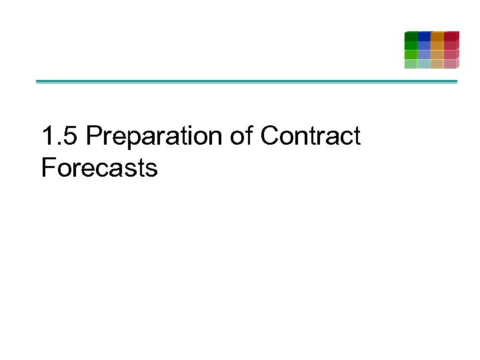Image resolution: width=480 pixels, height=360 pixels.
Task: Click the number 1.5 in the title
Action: (x=60, y=136)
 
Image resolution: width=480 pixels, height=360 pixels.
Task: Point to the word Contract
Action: (x=310, y=136)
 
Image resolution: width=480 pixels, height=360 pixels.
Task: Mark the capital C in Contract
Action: (x=269, y=136)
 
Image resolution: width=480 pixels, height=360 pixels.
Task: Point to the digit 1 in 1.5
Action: (x=47, y=136)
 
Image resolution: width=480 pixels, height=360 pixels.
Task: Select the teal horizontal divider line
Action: (x=247, y=82)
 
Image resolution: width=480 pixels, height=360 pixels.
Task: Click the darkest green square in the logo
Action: (x=411, y=36)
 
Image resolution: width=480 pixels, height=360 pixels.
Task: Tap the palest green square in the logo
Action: (x=411, y=64)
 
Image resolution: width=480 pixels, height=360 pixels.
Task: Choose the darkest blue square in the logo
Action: (x=424, y=36)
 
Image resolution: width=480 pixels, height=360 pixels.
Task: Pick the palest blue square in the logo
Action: (x=424, y=64)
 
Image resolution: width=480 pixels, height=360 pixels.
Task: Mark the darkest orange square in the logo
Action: (x=437, y=36)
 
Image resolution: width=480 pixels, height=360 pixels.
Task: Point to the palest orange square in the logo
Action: (x=437, y=64)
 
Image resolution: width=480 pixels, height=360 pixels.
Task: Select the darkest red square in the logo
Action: (x=451, y=36)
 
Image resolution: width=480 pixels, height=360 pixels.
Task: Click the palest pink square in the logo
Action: (x=451, y=64)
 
